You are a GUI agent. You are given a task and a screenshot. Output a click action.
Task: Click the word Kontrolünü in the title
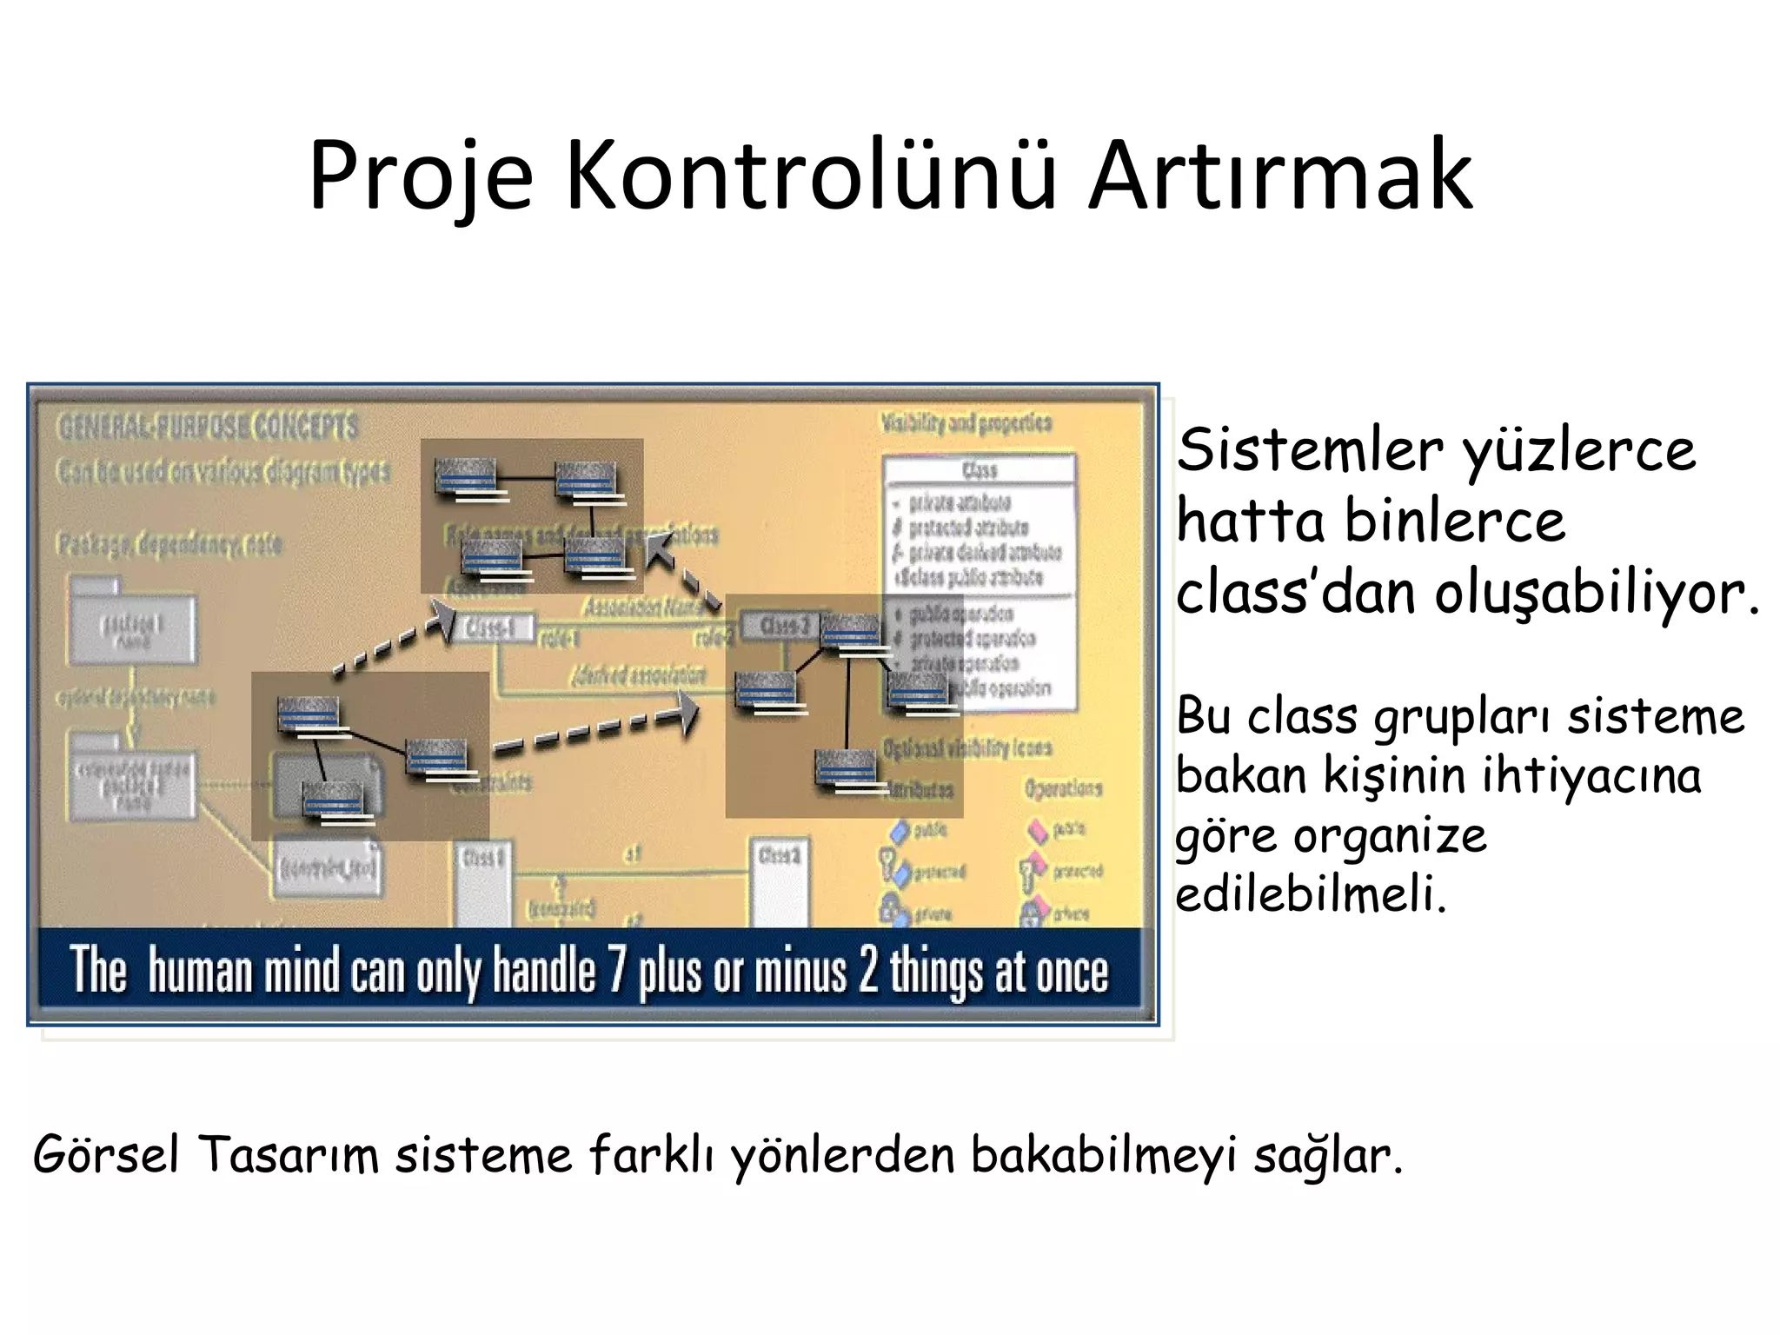810,176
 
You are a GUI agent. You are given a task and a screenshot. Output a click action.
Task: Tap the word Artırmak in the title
1280,176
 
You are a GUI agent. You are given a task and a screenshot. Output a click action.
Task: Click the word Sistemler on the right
1310,450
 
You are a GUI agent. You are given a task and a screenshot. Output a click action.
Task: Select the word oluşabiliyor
1597,594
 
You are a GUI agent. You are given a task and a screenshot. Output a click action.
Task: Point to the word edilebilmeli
1311,895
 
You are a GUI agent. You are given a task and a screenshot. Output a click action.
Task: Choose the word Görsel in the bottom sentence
106,1156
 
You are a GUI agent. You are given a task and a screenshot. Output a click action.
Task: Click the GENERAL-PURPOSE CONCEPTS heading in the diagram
208,427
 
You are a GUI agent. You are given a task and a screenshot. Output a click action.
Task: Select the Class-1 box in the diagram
491,627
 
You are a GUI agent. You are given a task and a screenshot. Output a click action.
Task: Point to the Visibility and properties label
966,423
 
